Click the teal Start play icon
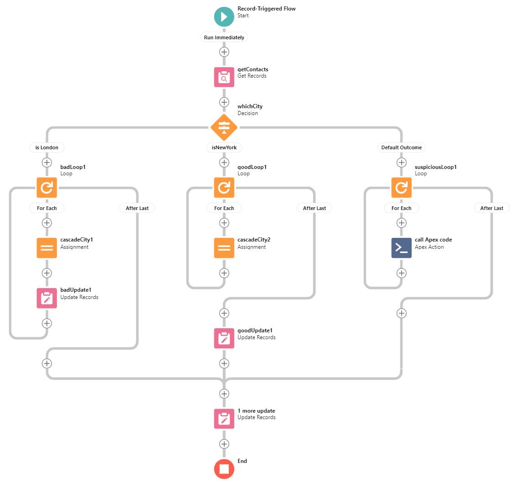[x=224, y=17]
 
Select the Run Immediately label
[x=224, y=37]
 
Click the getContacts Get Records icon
[x=224, y=77]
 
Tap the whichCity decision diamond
[x=224, y=127]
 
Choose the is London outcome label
[x=47, y=147]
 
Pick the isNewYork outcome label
[x=224, y=147]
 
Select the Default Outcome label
[x=401, y=147]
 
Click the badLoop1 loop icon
[x=47, y=188]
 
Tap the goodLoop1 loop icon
[x=224, y=188]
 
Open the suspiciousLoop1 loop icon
[x=401, y=188]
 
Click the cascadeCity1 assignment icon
[x=47, y=248]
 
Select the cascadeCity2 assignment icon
[x=224, y=248]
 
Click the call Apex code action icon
[x=401, y=248]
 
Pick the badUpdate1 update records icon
[x=47, y=298]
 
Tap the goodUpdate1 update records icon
[x=224, y=338]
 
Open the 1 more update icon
[x=224, y=419]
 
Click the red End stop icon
[x=224, y=469]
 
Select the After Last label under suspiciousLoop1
[x=492, y=208]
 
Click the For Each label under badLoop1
[x=47, y=208]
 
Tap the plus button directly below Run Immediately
[x=224, y=52]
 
